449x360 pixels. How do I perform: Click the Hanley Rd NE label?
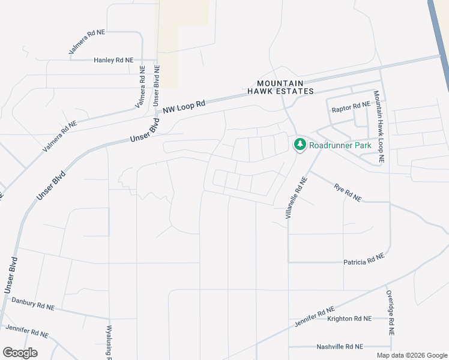[x=117, y=60]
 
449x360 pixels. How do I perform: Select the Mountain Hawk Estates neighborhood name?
[x=281, y=87]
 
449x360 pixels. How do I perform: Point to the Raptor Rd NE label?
[x=351, y=106]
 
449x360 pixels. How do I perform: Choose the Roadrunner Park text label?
[x=340, y=145]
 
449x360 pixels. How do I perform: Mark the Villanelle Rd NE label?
[x=297, y=197]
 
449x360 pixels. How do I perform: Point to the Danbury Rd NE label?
[x=33, y=305]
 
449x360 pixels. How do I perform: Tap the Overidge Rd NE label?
[x=390, y=313]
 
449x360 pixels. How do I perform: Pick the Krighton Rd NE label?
[x=349, y=319]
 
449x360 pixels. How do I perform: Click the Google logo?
[x=20, y=353]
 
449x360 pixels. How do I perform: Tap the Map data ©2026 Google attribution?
[x=411, y=355]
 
